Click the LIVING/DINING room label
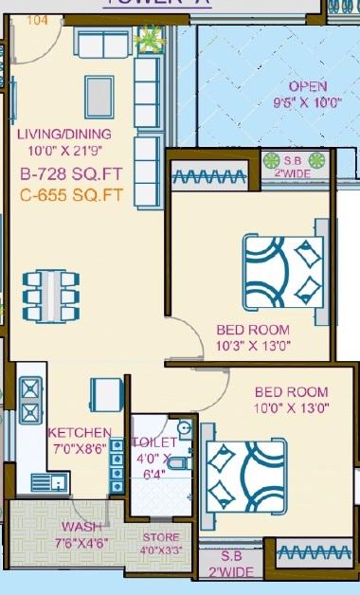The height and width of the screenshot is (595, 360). coord(63,134)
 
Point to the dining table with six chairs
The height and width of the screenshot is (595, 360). coord(45,296)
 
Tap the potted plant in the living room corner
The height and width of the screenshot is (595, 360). coord(149,39)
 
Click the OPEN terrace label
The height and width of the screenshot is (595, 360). coord(308,85)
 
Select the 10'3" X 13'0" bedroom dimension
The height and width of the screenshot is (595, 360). coord(253,346)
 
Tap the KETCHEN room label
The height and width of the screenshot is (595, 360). coord(80,432)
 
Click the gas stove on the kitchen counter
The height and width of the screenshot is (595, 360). coord(29,399)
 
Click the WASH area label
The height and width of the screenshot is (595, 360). coord(81,527)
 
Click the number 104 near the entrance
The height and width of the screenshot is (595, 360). coord(38,18)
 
